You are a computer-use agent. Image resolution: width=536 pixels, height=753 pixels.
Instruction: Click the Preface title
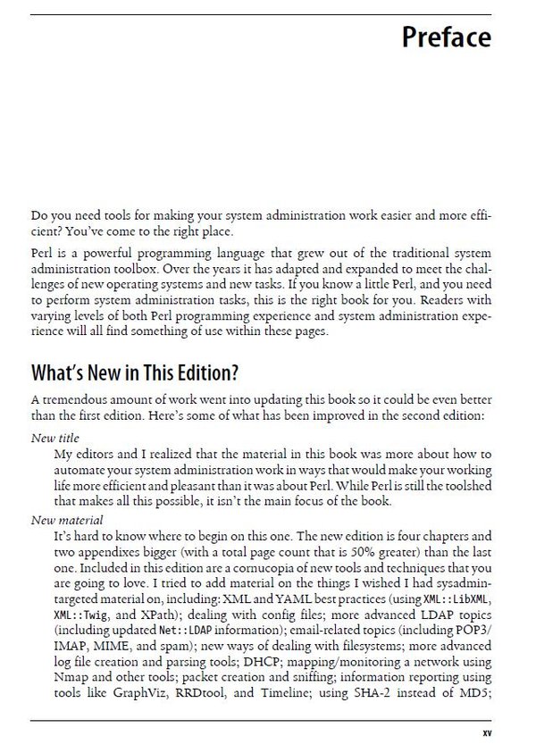tap(446, 38)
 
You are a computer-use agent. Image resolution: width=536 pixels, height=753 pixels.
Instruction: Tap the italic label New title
tap(55, 439)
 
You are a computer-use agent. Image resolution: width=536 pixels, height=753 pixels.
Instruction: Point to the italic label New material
tap(67, 519)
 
